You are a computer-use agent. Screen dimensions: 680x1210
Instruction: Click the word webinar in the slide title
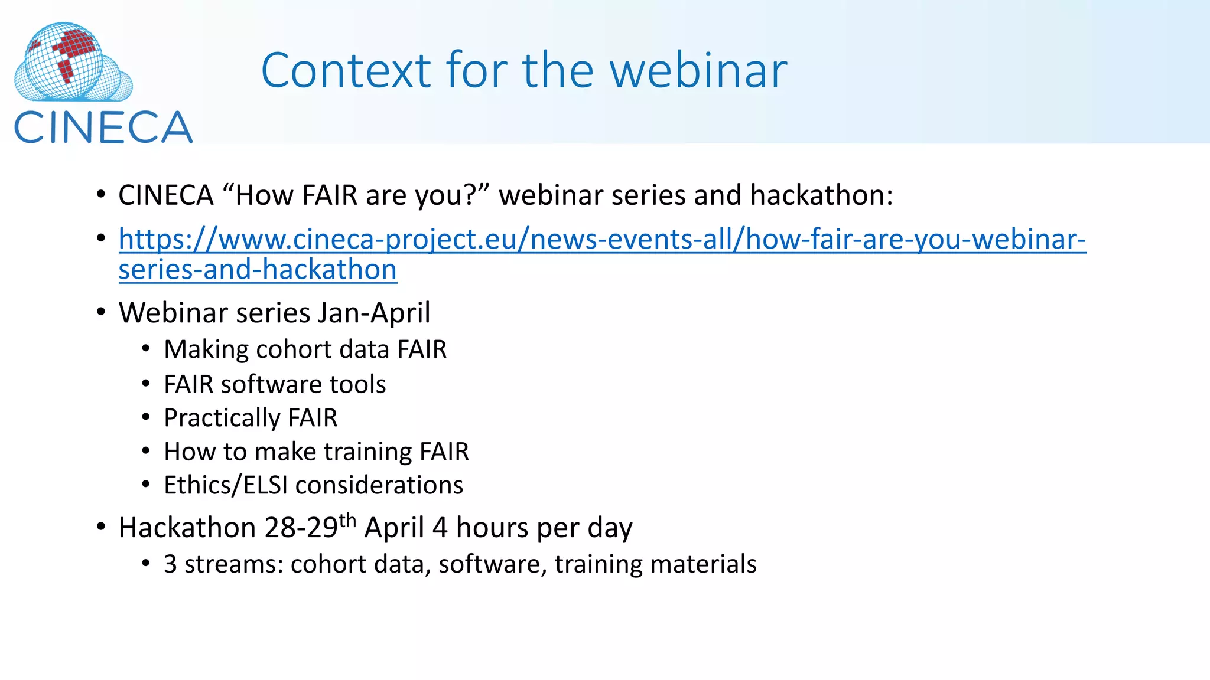tap(698, 70)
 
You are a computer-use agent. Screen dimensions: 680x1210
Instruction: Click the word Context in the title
tap(346, 70)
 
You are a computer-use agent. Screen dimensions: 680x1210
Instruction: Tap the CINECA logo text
tap(103, 127)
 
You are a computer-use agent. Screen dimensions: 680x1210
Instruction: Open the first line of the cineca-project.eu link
tap(601, 239)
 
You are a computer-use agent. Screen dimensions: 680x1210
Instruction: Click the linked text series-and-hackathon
tap(258, 270)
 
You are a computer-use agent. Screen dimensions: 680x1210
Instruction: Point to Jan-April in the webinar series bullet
tap(374, 313)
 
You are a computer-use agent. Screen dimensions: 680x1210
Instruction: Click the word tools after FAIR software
tap(357, 384)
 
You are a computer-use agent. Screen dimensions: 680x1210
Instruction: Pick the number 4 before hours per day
tap(440, 528)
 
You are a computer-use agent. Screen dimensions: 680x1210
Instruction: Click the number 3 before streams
tap(170, 564)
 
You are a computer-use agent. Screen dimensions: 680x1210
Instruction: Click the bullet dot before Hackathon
tap(101, 527)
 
